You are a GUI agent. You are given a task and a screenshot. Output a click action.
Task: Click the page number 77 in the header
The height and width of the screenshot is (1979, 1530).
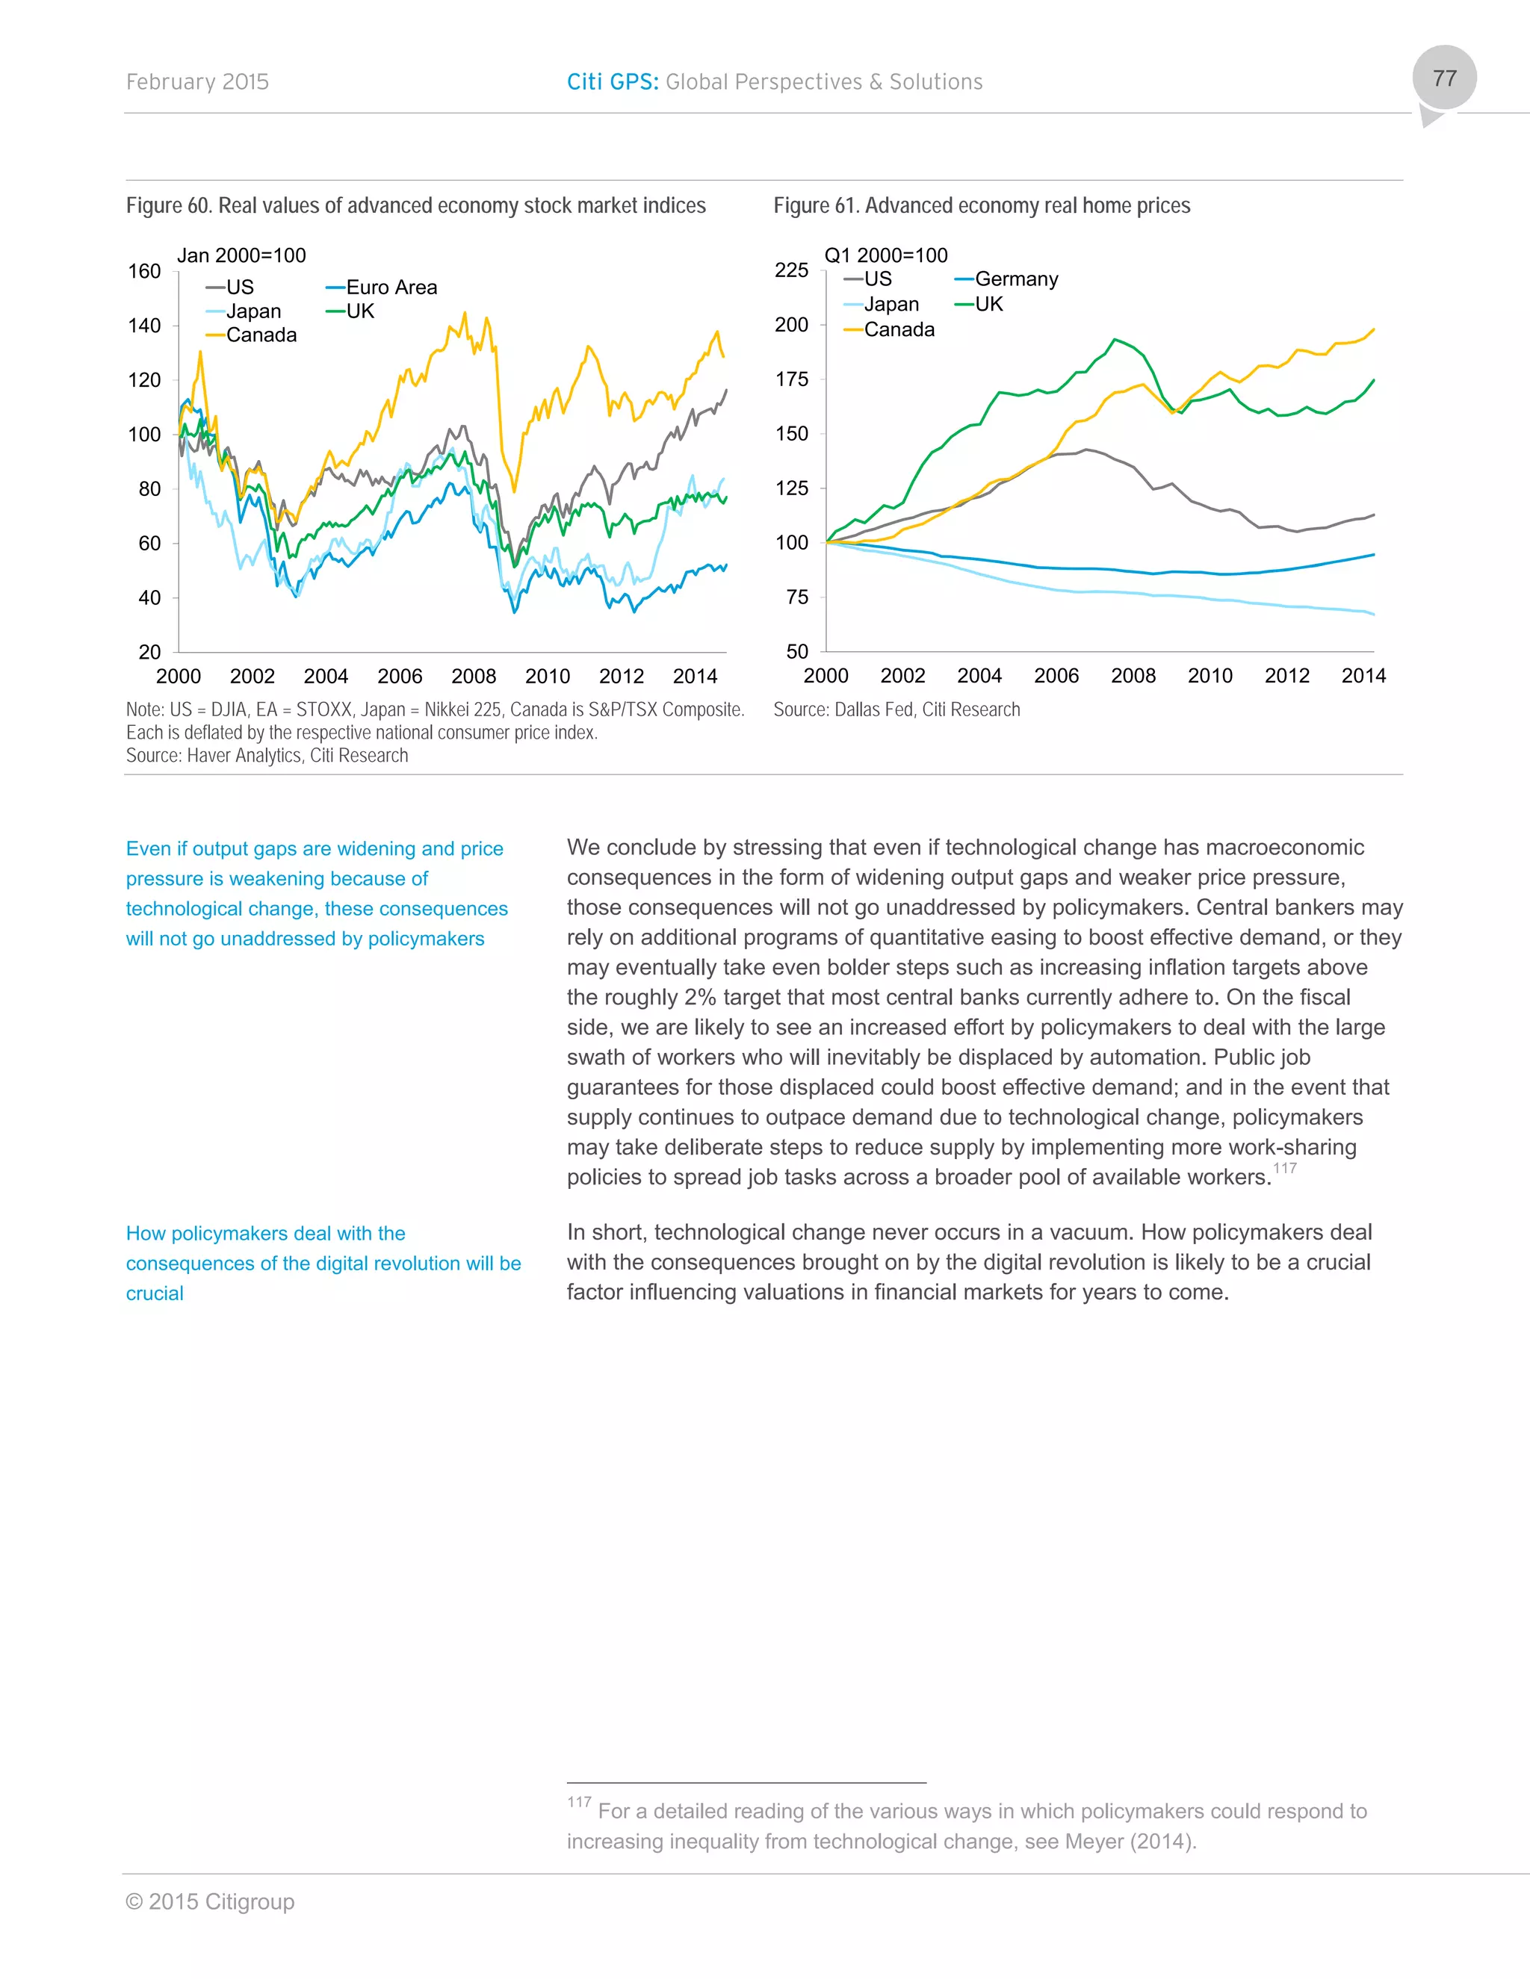tap(1444, 79)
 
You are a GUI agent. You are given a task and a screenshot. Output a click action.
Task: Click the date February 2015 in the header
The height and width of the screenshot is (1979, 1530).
tap(196, 82)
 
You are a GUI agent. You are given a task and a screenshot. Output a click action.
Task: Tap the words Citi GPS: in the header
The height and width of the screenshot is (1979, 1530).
tap(613, 82)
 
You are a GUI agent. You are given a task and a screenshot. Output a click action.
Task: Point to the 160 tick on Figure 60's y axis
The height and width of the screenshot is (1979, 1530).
tap(144, 271)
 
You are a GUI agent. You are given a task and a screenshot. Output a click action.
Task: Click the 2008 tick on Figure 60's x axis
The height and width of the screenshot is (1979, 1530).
tap(473, 676)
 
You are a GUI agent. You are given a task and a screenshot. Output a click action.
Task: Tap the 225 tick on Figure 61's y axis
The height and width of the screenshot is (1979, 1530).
tap(791, 270)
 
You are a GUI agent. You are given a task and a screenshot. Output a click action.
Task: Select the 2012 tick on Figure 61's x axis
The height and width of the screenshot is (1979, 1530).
tap(1286, 676)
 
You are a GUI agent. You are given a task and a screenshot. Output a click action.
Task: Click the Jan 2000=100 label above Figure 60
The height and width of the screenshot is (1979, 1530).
tap(241, 255)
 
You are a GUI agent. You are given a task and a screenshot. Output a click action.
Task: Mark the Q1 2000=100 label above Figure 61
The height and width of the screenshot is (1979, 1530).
tap(885, 255)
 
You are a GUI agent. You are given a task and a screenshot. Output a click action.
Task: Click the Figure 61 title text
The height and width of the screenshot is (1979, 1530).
tap(981, 205)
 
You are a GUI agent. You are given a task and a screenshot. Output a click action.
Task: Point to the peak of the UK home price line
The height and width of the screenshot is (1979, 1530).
tap(1115, 340)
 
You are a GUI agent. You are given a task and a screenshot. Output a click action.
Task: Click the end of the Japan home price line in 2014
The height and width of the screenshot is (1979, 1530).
tap(1373, 615)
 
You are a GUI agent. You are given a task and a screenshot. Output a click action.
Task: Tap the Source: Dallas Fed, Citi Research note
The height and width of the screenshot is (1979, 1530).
tap(896, 709)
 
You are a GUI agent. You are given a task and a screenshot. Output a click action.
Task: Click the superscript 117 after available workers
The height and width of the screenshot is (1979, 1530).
tap(1284, 1168)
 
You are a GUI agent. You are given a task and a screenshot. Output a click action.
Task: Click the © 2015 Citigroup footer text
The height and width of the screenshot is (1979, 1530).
tap(210, 1902)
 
